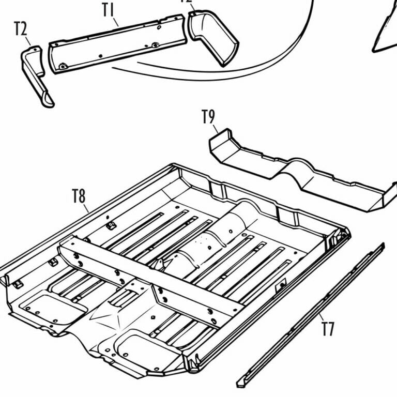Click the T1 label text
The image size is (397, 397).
click(x=108, y=10)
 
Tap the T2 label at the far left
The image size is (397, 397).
click(x=20, y=29)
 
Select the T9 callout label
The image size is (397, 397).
click(x=208, y=117)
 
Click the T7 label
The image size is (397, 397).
click(x=328, y=329)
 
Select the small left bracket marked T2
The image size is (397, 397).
click(x=35, y=75)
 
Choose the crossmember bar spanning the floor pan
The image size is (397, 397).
click(x=150, y=282)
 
